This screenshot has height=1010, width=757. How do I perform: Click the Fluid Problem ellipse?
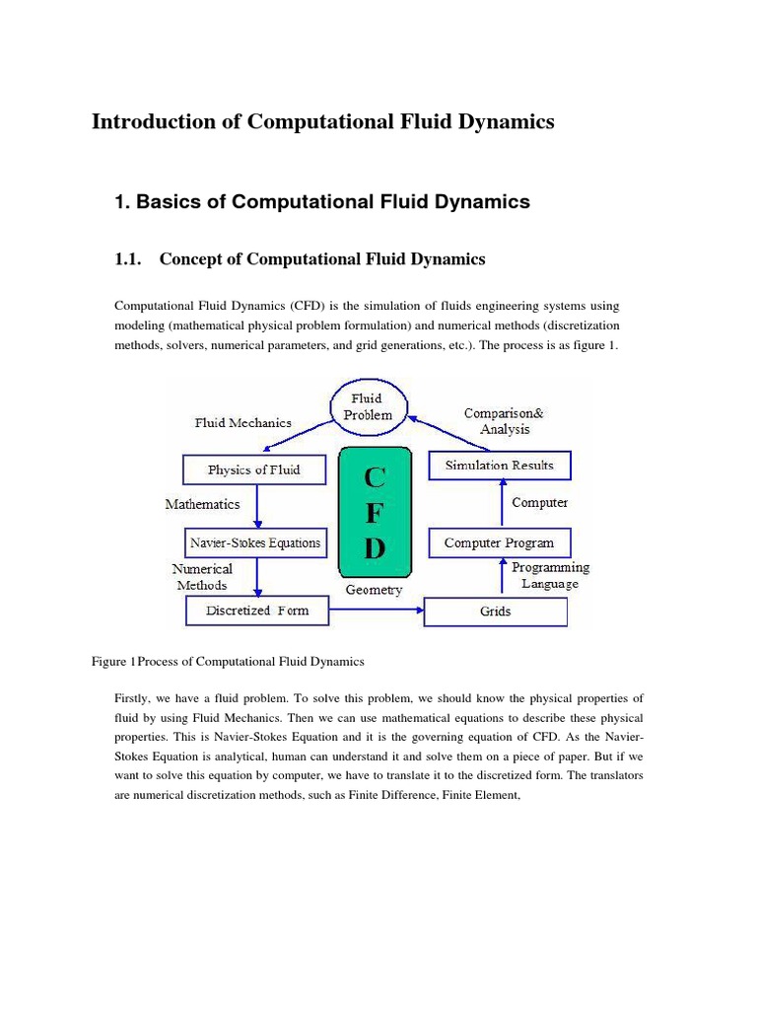coord(368,407)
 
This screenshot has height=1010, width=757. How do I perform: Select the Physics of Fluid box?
coord(254,469)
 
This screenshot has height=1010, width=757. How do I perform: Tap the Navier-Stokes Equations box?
coord(255,541)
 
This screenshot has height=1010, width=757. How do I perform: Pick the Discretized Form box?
coord(257,611)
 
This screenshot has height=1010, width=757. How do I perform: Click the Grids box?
coord(496,612)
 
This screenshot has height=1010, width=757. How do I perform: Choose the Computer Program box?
coord(499,542)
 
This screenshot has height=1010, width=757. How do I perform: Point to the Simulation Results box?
coord(499,465)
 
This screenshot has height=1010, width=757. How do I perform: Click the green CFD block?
coord(375,513)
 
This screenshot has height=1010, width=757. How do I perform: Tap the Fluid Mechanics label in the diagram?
coord(242,422)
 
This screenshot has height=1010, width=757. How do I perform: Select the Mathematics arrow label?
coord(202,504)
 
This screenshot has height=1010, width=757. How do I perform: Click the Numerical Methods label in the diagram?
coord(202,577)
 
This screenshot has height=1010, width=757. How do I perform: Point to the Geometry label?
coord(374,590)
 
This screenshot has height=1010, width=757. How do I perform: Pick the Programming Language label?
coord(550,575)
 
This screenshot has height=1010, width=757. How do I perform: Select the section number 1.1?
coord(130,259)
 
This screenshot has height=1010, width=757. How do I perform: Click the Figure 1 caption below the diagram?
coord(228,661)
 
